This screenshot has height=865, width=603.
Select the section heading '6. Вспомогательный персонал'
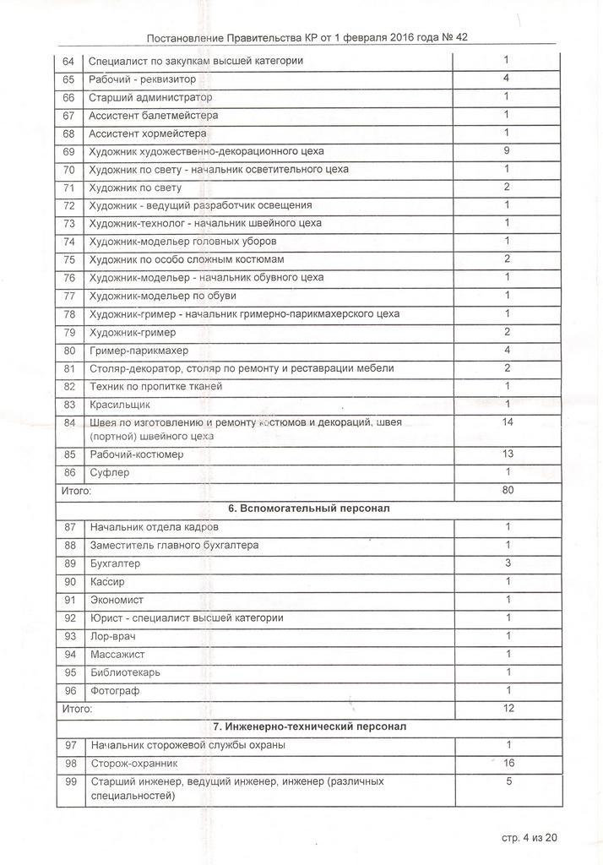point(308,509)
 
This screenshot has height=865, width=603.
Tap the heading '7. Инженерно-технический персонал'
point(308,726)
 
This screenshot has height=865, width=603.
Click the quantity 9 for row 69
point(507,151)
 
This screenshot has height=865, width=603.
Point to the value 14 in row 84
point(508,422)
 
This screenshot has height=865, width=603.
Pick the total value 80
point(508,489)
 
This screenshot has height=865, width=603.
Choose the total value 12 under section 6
point(508,708)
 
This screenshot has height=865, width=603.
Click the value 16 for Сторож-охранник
point(508,763)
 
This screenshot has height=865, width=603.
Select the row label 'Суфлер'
point(110,473)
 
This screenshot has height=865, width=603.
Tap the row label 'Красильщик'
point(119,405)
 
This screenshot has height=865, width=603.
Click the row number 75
point(69,259)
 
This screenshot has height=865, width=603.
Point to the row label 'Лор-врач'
point(112,636)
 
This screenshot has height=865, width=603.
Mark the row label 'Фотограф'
point(115,691)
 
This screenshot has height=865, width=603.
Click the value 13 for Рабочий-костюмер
point(508,454)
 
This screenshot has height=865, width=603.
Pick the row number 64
point(69,61)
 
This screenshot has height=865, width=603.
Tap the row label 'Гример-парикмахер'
point(139,351)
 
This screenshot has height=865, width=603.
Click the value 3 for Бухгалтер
point(508,563)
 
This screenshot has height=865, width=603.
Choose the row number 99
point(70,781)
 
